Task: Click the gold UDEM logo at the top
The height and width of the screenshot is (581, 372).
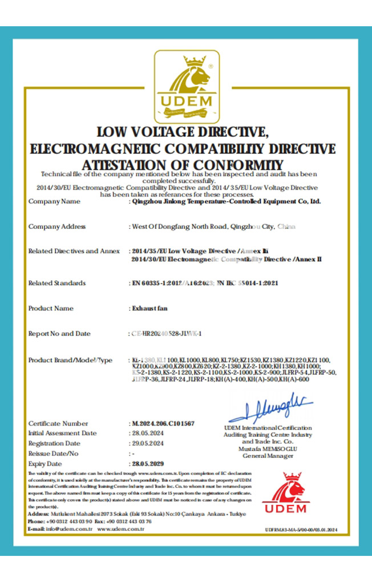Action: (x=187, y=87)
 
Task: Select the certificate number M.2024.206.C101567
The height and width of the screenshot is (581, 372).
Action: (x=163, y=423)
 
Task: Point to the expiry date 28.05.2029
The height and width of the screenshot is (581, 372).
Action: (x=145, y=464)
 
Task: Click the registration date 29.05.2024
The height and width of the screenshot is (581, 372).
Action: (x=145, y=443)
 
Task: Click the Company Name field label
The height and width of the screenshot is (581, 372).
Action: (x=55, y=201)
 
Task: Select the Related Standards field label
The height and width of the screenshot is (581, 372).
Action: (x=57, y=283)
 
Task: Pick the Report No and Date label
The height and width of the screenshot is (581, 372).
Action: (x=59, y=333)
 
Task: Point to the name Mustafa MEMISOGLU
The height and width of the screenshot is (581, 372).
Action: (x=268, y=449)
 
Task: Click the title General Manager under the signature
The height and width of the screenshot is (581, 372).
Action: (x=268, y=456)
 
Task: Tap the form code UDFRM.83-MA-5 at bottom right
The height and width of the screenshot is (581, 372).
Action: (x=301, y=529)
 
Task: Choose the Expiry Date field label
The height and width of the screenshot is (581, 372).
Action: (x=45, y=464)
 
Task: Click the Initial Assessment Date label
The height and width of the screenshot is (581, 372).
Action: (x=62, y=433)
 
